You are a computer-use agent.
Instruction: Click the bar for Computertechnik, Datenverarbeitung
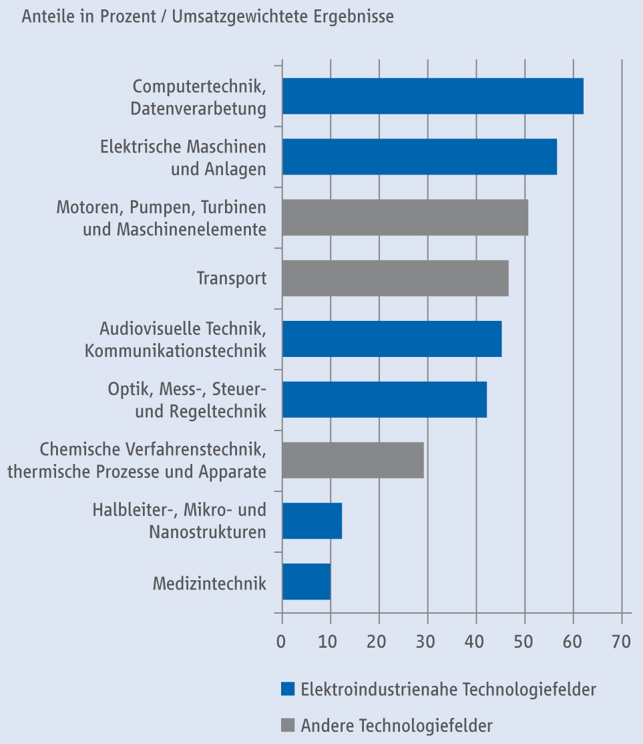tap(432, 96)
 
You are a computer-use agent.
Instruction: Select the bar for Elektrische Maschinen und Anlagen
tap(419, 157)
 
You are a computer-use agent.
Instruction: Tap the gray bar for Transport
tap(395, 278)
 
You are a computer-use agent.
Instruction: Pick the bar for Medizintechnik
tap(306, 582)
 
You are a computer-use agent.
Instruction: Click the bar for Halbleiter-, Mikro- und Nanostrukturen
tap(312, 521)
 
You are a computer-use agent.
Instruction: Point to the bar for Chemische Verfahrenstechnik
tap(353, 460)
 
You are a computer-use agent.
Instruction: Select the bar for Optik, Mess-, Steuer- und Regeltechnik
tap(384, 400)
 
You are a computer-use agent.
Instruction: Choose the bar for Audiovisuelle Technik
tap(391, 339)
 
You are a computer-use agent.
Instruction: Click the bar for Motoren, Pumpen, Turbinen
tap(405, 217)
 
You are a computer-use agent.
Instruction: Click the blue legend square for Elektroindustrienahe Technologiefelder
tap(288, 689)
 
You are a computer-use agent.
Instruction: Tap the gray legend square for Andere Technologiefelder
tap(288, 725)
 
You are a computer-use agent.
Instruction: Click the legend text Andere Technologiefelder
tap(397, 725)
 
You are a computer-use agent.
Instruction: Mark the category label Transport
tap(231, 278)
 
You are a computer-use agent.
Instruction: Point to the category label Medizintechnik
tap(209, 582)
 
